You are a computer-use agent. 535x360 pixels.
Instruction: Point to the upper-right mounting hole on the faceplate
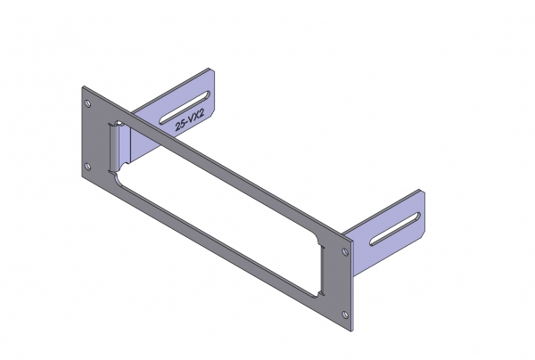click(345, 252)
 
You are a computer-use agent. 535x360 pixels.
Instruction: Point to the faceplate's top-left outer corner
click(81, 87)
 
